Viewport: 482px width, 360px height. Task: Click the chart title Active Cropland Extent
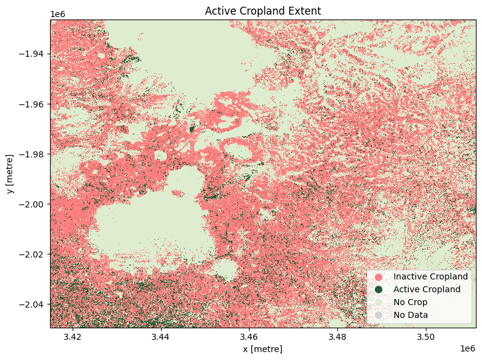(263, 11)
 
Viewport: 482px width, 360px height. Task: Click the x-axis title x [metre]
(263, 349)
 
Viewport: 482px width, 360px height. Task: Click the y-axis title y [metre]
(10, 174)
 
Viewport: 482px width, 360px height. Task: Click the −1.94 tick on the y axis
(32, 54)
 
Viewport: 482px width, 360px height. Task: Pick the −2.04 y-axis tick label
(32, 304)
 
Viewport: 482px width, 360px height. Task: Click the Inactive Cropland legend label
(430, 276)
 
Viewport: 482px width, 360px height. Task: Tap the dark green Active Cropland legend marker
(378, 289)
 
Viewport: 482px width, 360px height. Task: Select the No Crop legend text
(410, 302)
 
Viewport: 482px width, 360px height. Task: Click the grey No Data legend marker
(378, 315)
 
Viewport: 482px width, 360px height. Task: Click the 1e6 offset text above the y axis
(59, 14)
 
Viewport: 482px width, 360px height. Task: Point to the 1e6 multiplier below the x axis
(467, 348)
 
